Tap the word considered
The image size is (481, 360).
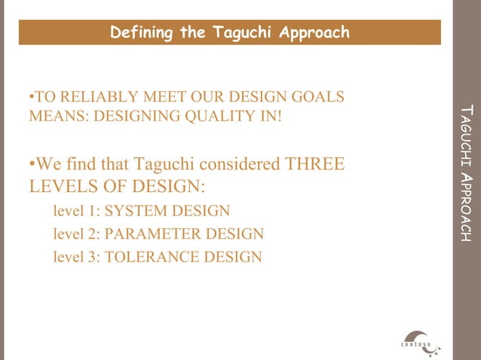coord(234,163)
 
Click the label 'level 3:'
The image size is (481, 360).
coord(76,258)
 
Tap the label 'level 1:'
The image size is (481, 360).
coord(76,211)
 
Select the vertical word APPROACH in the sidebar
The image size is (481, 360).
coord(467,208)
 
